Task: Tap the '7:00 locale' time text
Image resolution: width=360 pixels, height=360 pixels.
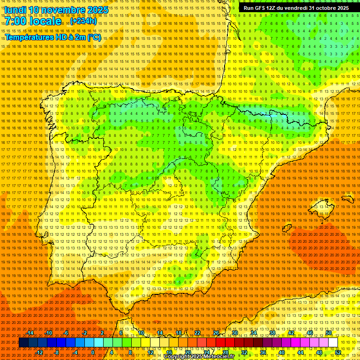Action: (33, 21)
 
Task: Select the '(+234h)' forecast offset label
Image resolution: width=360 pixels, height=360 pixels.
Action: (84, 21)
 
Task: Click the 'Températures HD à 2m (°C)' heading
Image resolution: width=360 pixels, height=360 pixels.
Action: (53, 37)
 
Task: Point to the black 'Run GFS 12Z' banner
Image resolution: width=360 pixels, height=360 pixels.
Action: (296, 8)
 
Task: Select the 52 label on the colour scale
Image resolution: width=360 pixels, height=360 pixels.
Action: (338, 352)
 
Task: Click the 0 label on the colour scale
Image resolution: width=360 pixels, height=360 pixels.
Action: (93, 352)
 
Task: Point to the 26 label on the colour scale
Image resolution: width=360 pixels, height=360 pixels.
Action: (216, 333)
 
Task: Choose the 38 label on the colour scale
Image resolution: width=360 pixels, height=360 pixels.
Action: (272, 333)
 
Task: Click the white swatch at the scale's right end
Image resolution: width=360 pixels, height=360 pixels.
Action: (333, 343)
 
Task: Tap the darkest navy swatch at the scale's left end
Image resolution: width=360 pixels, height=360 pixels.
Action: (23, 343)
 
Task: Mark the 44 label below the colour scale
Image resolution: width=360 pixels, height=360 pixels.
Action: (300, 352)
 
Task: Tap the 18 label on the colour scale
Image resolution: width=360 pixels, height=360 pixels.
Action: (179, 333)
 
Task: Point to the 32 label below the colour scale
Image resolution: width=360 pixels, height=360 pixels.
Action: (244, 352)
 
